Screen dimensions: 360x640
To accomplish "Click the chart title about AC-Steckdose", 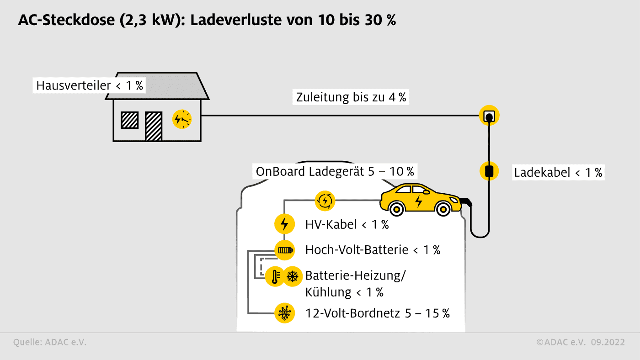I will tap(207, 21).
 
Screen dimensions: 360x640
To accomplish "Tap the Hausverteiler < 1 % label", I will tap(89, 85).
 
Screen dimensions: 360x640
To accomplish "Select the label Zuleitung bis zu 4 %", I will tap(351, 97).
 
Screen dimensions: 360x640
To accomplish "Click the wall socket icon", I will tap(489, 116).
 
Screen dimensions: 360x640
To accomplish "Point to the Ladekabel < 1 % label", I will tap(558, 172).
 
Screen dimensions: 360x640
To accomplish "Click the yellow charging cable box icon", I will tap(489, 171).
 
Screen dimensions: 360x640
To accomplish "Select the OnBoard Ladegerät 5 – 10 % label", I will tap(335, 171).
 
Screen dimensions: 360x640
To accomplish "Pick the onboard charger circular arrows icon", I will tap(325, 200).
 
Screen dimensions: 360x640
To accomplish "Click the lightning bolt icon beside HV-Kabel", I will tap(284, 224).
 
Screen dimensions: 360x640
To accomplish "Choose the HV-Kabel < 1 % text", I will tap(347, 224).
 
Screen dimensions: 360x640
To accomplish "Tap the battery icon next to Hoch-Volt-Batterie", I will tap(284, 250).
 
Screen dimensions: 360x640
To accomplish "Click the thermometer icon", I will tap(275, 276).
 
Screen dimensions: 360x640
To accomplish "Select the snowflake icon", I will tap(292, 276).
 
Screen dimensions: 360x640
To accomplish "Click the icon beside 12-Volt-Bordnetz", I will tap(284, 313).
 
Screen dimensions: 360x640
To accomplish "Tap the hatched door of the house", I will tap(154, 126).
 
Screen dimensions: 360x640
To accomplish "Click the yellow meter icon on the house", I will tap(182, 120).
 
